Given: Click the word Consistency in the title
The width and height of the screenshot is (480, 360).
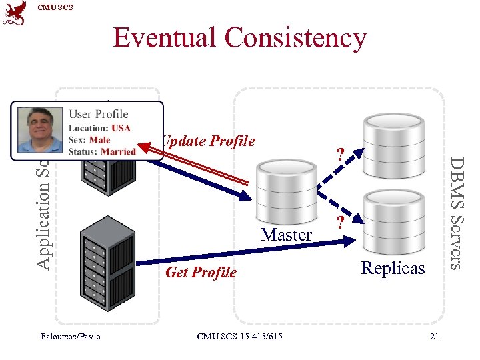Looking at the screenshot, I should tap(295, 39).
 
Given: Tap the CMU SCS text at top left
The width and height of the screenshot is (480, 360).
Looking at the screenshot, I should tap(55, 7).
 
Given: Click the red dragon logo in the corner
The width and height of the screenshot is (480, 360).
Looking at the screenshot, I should tap(15, 14).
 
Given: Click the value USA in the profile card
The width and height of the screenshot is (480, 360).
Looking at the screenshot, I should tap(121, 128).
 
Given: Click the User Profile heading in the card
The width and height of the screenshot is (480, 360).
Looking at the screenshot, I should tap(99, 114).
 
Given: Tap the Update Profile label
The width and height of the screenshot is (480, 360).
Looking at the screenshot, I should tap(209, 141).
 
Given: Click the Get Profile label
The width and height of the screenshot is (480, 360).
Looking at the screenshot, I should tap(201, 272).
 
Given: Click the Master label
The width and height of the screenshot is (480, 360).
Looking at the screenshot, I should tap(287, 235).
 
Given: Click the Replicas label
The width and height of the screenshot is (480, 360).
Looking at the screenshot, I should tap(393, 268).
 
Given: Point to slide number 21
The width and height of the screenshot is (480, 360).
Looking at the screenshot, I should tap(434, 336).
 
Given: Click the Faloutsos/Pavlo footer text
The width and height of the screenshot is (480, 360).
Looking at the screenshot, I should tap(71, 336).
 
